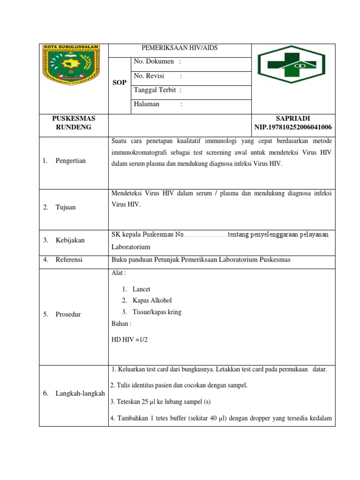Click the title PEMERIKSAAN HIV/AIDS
[x=180, y=48]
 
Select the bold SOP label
[x=120, y=82]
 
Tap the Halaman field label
[x=147, y=105]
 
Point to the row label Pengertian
[x=70, y=161]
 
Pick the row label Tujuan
[x=66, y=207]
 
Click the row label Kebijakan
[x=70, y=240]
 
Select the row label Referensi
[x=68, y=259]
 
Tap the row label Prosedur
[x=68, y=314]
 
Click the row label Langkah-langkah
[x=80, y=393]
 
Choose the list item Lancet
[x=141, y=289]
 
